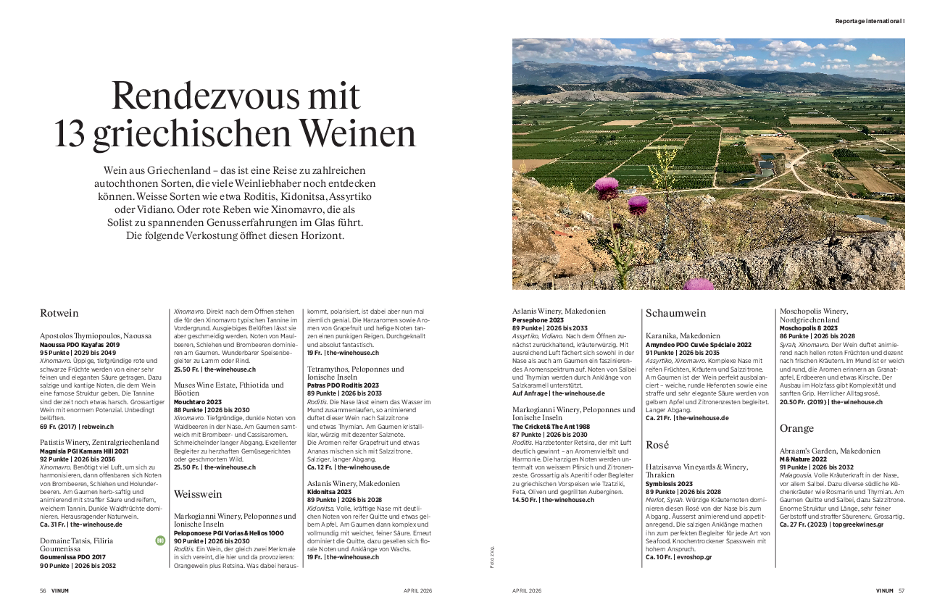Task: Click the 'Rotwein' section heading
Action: click(x=59, y=314)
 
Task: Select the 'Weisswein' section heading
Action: click(x=198, y=494)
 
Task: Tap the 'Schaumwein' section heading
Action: click(x=675, y=314)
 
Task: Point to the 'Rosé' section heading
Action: click(x=657, y=444)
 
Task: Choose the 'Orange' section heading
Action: click(x=796, y=428)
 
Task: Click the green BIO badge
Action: click(x=160, y=540)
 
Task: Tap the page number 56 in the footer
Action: click(x=43, y=590)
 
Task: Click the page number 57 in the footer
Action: click(x=902, y=590)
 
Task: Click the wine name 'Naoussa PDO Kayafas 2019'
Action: click(x=79, y=345)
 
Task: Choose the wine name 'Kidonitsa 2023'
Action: click(x=330, y=491)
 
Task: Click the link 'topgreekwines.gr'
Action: click(x=858, y=524)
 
